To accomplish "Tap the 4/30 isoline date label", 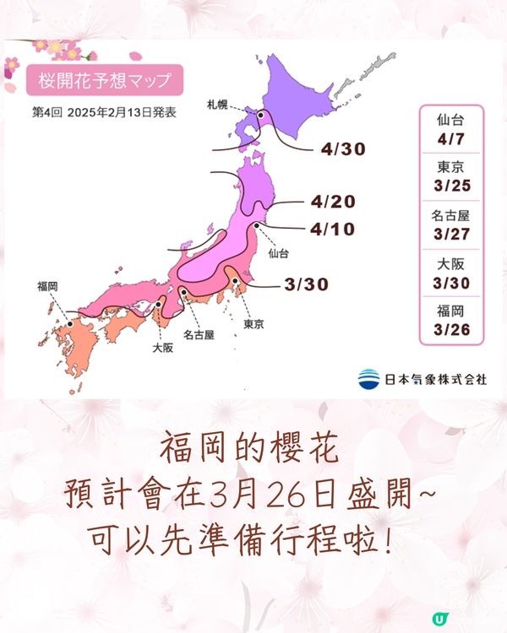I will coord(342,149).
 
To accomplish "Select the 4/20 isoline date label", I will coord(332,202).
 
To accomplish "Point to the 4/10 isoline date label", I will coord(332,228).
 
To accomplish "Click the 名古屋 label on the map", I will coord(197,334).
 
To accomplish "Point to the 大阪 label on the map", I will coord(163,347).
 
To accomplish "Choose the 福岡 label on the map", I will coord(48,286).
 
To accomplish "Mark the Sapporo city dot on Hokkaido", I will coord(262,116).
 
